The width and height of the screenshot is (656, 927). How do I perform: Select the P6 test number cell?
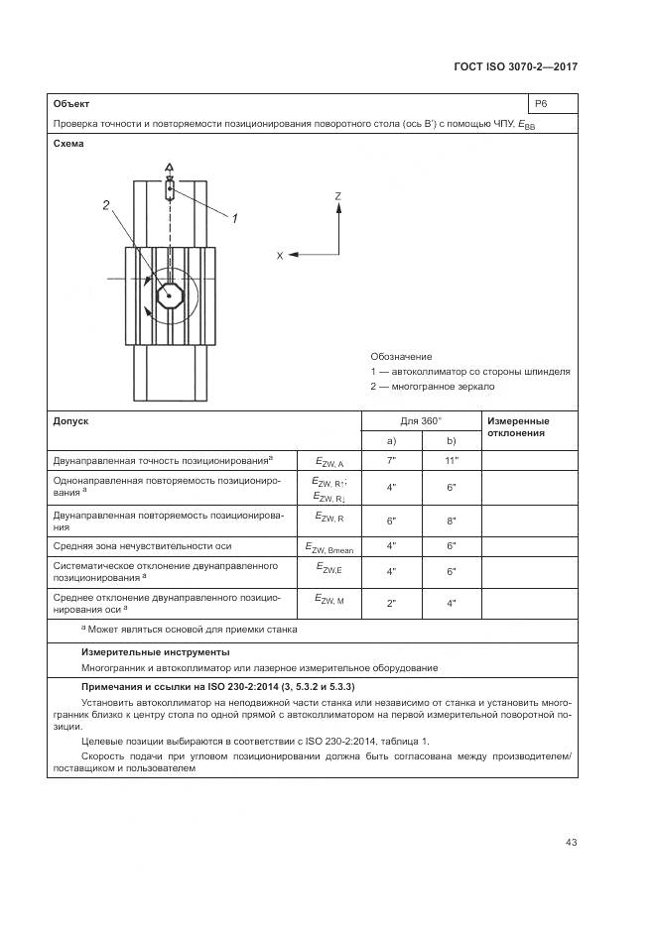click(541, 103)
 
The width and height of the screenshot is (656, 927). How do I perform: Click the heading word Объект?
click(71, 103)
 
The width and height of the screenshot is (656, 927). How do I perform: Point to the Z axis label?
click(338, 196)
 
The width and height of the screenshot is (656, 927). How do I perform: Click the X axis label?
click(280, 256)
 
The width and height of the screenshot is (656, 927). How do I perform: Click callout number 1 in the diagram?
click(234, 218)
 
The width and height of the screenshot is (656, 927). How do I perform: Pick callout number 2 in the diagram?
click(106, 206)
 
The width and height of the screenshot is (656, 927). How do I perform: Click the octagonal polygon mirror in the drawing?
click(170, 295)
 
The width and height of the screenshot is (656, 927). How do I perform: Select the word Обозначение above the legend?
click(401, 356)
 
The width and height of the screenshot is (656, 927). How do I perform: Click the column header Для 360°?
click(421, 420)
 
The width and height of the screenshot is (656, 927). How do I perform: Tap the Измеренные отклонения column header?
click(517, 427)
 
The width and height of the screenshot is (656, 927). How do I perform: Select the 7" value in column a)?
click(391, 462)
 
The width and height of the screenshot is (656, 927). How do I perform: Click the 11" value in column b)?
click(451, 462)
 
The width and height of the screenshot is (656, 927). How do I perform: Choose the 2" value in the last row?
click(391, 604)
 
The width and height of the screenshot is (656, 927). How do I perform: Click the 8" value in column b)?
click(451, 521)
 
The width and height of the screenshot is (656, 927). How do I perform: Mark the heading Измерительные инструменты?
click(155, 651)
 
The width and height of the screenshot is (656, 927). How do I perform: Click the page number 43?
click(571, 843)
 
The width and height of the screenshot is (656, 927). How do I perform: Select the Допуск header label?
click(70, 420)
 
